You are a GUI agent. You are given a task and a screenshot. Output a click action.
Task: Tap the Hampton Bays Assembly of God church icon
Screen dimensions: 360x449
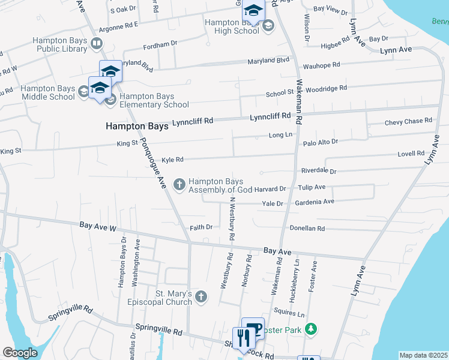(179, 184)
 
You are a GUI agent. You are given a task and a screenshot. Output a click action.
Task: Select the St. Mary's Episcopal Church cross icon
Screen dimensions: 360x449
(202, 296)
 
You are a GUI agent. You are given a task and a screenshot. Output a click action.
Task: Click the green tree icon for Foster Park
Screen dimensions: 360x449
(310, 328)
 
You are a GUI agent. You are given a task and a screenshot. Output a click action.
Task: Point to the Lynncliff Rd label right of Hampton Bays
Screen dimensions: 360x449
(193, 122)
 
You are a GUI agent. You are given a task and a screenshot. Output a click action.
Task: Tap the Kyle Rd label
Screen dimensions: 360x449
(172, 160)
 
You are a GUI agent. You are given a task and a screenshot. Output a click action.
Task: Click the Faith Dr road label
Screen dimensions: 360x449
(201, 227)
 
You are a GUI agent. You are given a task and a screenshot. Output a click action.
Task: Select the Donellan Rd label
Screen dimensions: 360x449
(307, 229)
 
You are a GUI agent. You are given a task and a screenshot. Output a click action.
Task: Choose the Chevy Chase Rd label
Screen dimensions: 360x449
(408, 121)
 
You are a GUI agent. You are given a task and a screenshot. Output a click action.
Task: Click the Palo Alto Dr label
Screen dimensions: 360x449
(321, 142)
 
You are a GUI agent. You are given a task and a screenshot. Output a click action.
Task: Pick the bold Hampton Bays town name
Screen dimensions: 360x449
(137, 126)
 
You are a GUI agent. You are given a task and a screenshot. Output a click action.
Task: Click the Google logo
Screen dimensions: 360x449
(20, 353)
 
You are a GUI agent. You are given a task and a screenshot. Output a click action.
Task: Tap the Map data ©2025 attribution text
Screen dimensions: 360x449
(423, 355)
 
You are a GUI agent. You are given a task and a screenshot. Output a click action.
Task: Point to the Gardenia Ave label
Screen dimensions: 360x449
(315, 202)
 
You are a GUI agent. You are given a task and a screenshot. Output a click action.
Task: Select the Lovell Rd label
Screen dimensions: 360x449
(411, 154)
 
